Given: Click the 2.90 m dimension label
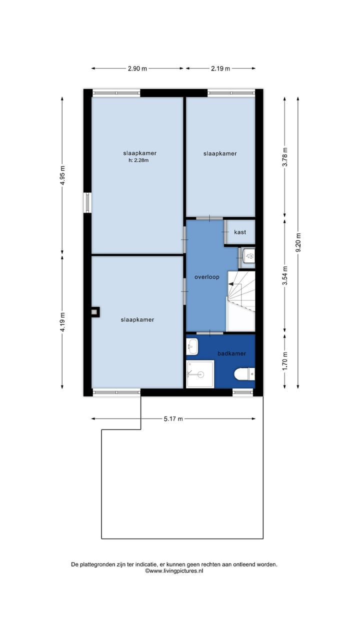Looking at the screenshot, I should point(137,68).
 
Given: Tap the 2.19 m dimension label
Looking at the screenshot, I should point(220,68).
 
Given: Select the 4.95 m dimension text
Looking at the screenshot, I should point(62,175).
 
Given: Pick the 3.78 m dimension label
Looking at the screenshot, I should point(285,157).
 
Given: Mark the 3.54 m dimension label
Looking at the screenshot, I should point(285,275).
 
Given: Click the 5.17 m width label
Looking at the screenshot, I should point(173,418).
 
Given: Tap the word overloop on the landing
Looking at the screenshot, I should point(207,277).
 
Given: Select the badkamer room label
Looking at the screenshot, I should point(231,353).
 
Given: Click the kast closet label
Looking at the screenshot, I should point(240,232).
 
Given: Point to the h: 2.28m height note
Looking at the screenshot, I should point(138,160).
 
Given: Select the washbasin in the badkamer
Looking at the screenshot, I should point(192,345).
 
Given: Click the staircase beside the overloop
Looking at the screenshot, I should point(241,292).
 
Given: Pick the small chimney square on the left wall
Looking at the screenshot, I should point(94,312).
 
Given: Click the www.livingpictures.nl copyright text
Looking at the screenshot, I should point(174,570).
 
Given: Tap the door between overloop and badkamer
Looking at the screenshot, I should point(209,332).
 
